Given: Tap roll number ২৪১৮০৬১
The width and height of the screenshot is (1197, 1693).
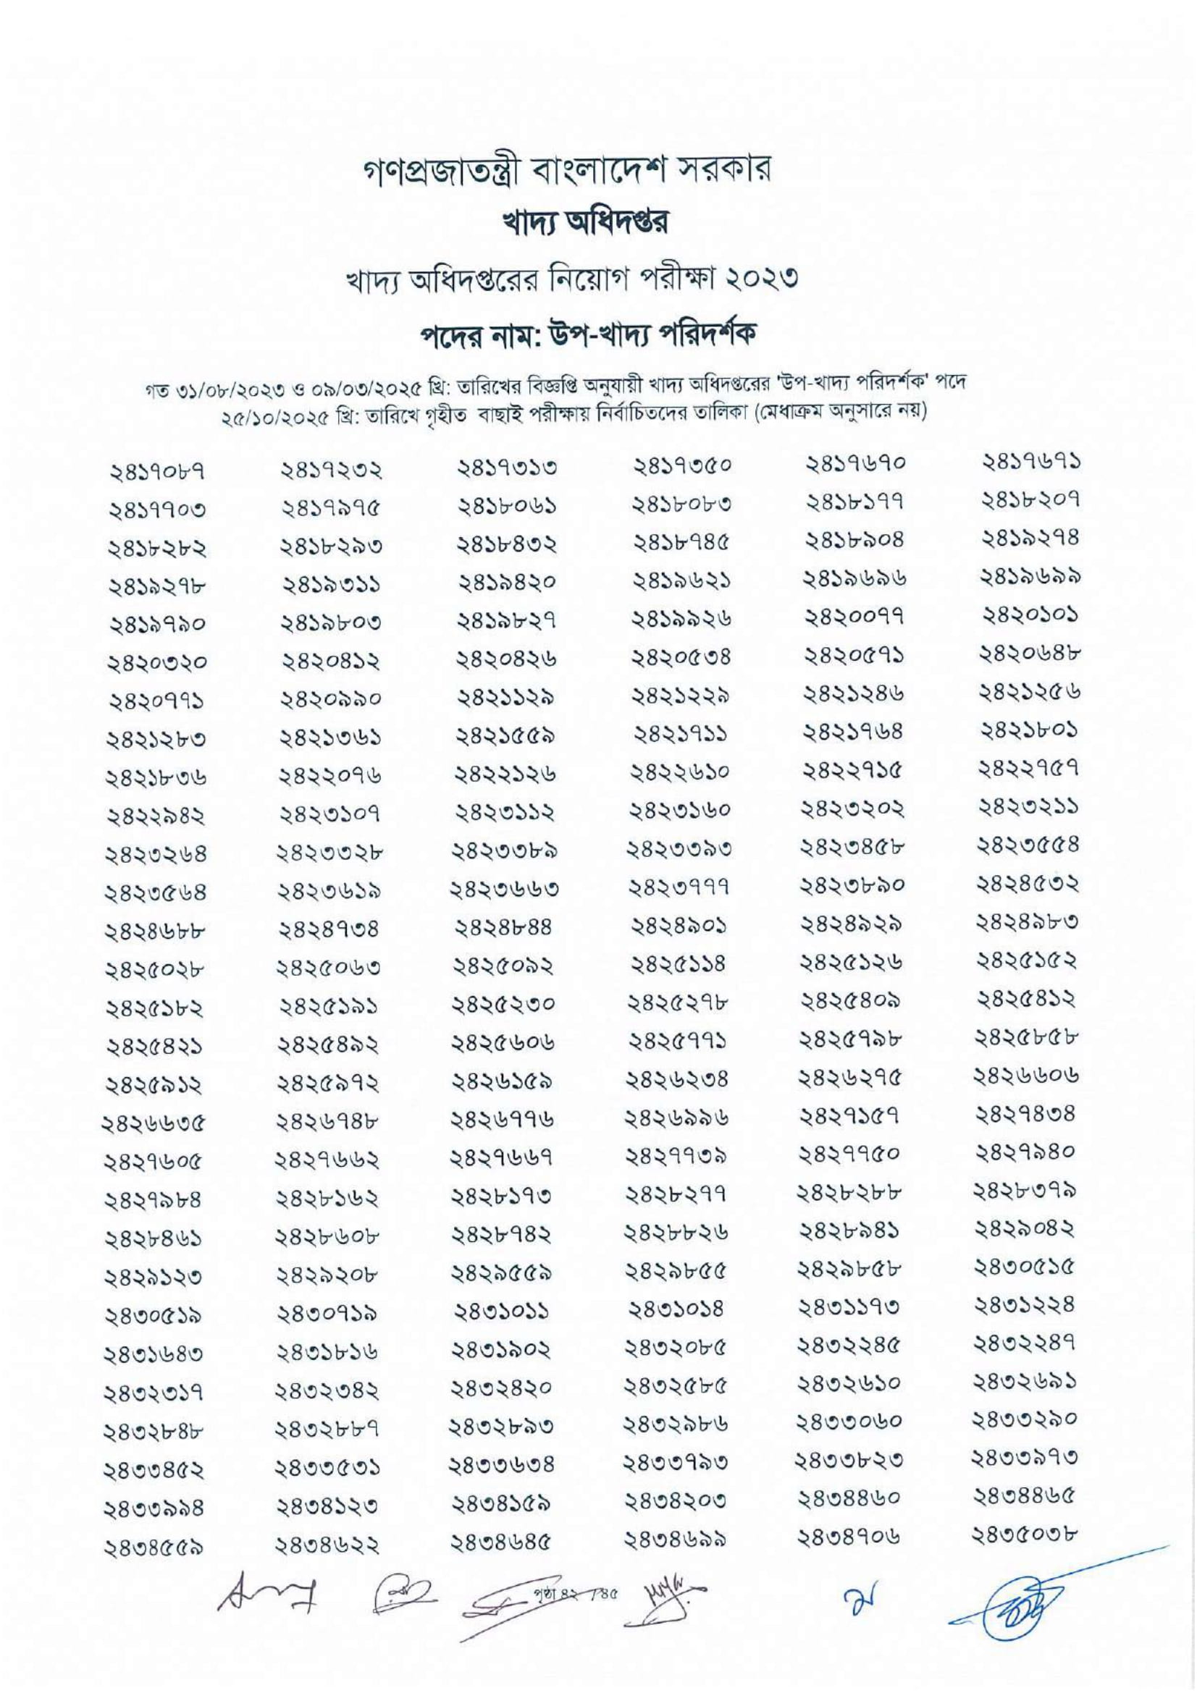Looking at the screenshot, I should pos(507,507).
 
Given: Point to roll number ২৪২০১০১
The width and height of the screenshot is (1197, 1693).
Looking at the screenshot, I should pos(1031,614).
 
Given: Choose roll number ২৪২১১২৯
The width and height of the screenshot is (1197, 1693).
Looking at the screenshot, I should pos(507,696).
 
